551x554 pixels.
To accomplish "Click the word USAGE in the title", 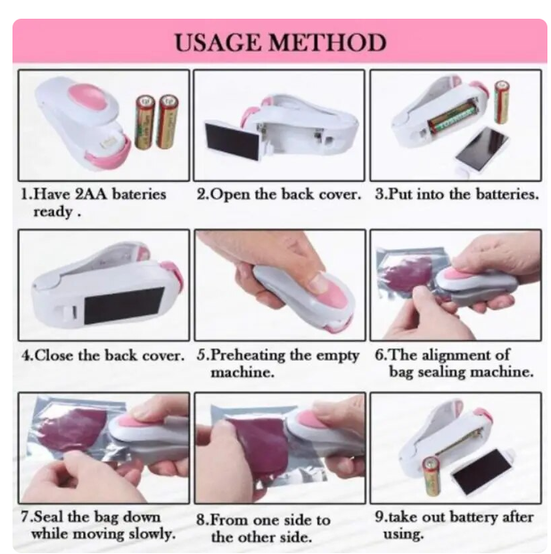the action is point(219,43).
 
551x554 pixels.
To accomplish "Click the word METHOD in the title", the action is point(327,43).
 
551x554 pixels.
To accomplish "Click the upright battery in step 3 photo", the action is point(502,102).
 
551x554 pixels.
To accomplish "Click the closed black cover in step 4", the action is point(124,306).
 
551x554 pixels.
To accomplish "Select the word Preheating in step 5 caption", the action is point(248,355).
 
